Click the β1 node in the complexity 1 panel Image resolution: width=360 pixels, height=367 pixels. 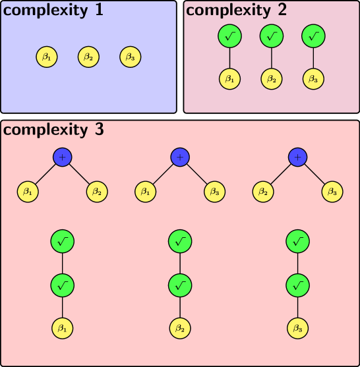tap(47, 57)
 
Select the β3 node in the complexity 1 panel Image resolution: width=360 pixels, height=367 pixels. tap(131, 57)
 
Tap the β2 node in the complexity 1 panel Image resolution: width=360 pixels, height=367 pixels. tap(89, 57)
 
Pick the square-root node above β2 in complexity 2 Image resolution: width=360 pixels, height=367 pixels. tap(271, 36)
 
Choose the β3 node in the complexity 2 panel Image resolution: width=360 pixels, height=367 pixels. tap(313, 79)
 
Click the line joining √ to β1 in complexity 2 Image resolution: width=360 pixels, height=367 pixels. tap(229, 58)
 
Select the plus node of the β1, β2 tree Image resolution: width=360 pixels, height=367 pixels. tap(63, 157)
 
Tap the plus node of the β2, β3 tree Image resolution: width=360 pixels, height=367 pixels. tap(298, 157)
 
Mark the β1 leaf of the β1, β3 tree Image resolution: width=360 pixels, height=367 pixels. tap(145, 192)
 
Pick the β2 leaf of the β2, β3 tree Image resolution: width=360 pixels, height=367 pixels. tap(263, 192)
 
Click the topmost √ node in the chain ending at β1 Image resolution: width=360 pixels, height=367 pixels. tap(62, 242)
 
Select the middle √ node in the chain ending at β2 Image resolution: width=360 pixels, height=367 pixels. tap(179, 285)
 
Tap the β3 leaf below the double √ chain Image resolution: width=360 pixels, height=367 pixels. tap(298, 327)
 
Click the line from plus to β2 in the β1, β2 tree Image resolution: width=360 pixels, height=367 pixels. tap(80, 175)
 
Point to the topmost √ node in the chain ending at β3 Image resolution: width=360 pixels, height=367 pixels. tap(298, 242)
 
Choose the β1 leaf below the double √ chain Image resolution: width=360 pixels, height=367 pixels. tap(62, 327)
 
